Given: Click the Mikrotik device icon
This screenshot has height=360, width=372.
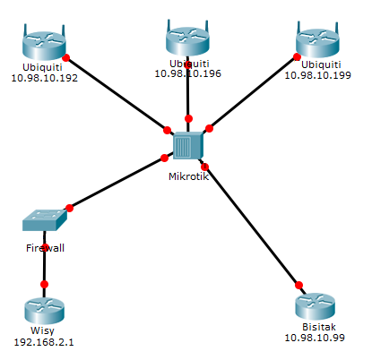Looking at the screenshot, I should pos(187,145).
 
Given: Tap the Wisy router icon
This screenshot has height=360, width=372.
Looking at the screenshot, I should pos(45,310).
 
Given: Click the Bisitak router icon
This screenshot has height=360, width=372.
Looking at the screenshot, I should pos(315,306).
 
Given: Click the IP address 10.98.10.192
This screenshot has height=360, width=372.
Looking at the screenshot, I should pos(44,77).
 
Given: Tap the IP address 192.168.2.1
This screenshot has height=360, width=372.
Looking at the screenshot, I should pos(45,341).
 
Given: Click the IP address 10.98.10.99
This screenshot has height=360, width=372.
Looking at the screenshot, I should pos(315,338).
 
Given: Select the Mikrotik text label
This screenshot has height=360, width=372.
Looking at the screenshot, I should pos(187,176).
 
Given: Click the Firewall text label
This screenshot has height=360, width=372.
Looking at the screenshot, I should pos(45,247).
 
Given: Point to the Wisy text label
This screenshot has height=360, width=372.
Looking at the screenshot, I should pos(45,330).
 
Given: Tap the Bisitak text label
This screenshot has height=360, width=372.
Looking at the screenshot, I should pos(315,327).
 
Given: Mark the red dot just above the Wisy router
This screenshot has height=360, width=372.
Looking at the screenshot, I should pos(45,284).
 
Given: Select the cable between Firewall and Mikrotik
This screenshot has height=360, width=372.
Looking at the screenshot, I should pos(117,183).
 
